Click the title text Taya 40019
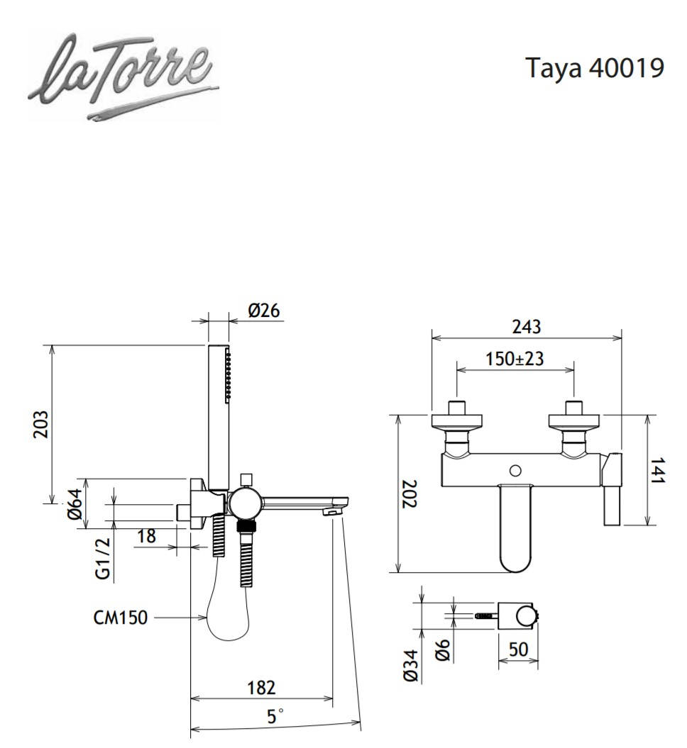(x=595, y=68)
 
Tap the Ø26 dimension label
(x=264, y=311)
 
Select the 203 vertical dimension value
(x=42, y=424)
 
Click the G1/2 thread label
(x=104, y=559)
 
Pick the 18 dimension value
(x=146, y=536)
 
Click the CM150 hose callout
(x=120, y=618)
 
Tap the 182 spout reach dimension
(x=261, y=687)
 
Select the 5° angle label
(x=275, y=716)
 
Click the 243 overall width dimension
(x=526, y=327)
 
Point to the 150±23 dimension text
(x=515, y=359)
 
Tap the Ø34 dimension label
(x=411, y=666)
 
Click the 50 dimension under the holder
(x=518, y=649)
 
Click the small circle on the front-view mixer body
(x=516, y=470)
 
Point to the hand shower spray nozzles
(x=228, y=376)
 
